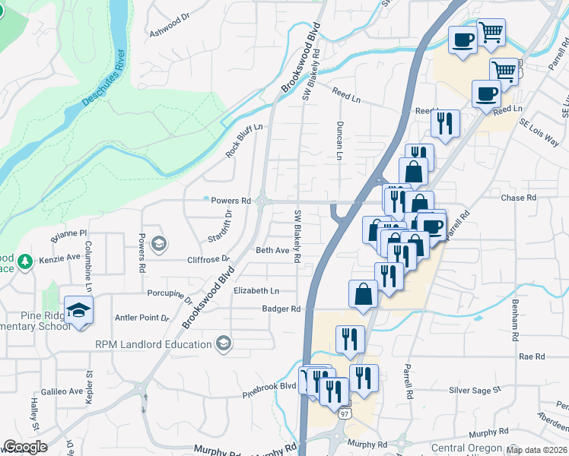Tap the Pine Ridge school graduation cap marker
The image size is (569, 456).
(78, 311)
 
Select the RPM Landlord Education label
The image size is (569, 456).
(153, 344)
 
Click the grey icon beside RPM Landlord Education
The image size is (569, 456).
(223, 344)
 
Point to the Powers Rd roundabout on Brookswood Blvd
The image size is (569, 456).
(262, 201)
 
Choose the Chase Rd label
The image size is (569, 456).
(519, 198)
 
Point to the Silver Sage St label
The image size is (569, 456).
(475, 390)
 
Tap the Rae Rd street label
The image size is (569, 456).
(532, 356)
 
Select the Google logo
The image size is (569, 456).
(25, 447)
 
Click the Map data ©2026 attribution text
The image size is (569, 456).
(536, 450)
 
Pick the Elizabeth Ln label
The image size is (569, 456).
(256, 291)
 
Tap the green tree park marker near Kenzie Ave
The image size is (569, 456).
(24, 261)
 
